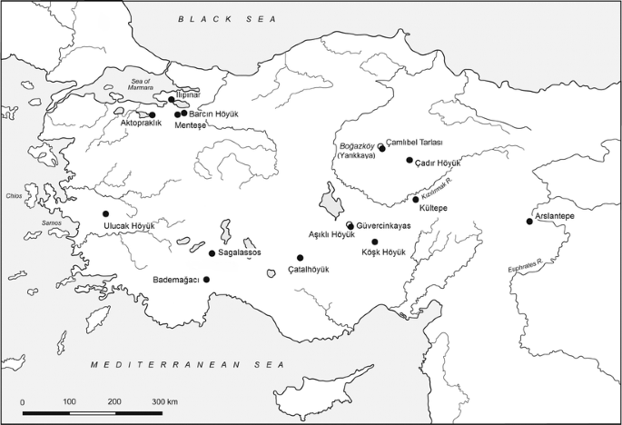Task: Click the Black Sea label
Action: point(226,18)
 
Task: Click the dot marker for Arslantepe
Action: point(529,221)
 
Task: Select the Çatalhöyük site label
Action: point(309,270)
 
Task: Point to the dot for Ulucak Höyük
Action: point(105,213)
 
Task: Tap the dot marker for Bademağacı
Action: point(207,279)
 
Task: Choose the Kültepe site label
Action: point(429,208)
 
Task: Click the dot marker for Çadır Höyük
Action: point(410,160)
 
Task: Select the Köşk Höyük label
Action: point(382,252)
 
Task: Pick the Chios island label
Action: point(13,194)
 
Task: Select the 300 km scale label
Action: point(164,400)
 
